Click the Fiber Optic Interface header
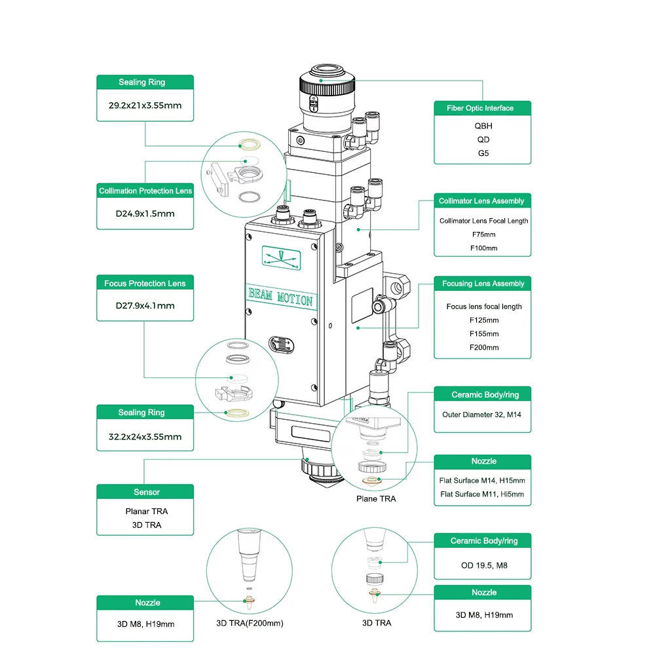(483, 108)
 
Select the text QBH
(483, 126)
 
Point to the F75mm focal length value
(483, 234)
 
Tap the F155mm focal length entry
(483, 333)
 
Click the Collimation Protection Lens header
(145, 191)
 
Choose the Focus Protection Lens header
(145, 284)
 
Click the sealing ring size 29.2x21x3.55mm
(145, 105)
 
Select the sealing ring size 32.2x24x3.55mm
(145, 436)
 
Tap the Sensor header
(146, 492)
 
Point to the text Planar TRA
(146, 511)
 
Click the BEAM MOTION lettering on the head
(280, 297)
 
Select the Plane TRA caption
(375, 499)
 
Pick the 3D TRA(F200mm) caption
(250, 623)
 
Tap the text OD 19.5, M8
(483, 565)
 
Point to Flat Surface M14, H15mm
(482, 480)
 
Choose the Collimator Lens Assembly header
(481, 201)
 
